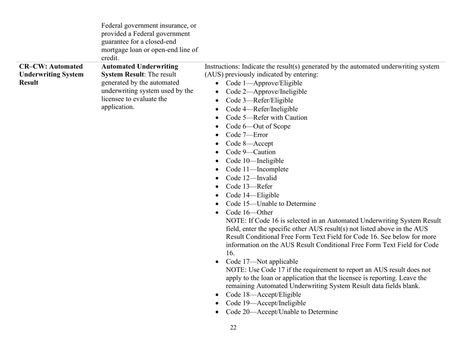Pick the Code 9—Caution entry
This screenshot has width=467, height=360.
click(x=250, y=152)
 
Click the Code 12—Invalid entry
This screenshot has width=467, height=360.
click(x=251, y=178)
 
